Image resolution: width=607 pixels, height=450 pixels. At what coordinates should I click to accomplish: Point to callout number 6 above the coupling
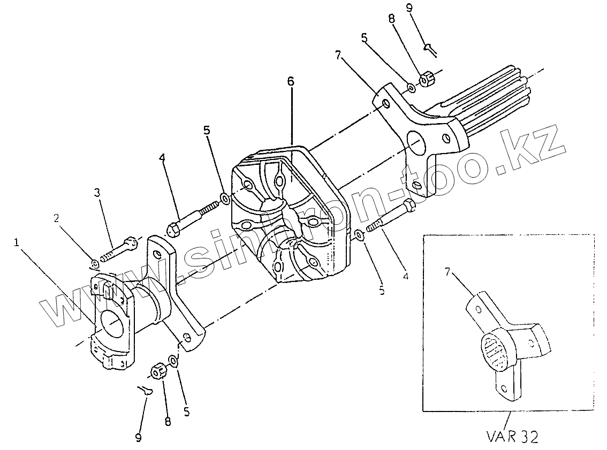click(x=290, y=82)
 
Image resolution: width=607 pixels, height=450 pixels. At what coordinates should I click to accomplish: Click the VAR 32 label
click(x=512, y=437)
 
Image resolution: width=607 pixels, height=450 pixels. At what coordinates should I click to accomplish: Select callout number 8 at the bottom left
click(x=168, y=422)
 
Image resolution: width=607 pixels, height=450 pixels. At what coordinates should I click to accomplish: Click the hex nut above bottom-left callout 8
click(x=158, y=370)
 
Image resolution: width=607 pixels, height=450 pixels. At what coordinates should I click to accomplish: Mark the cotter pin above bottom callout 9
click(x=145, y=390)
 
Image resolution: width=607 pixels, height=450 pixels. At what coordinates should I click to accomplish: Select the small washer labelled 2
click(x=95, y=263)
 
